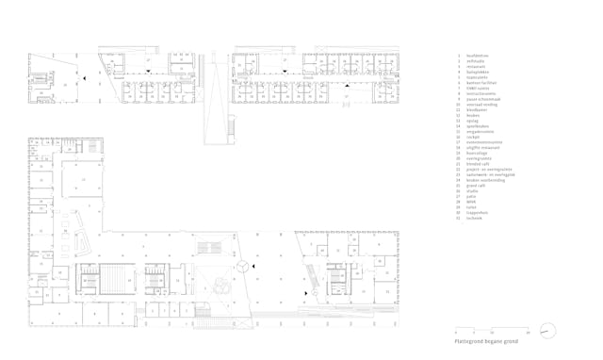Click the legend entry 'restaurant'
[477, 67]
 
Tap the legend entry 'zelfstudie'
[477, 61]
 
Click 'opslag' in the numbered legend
[474, 121]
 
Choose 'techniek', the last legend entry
[477, 215]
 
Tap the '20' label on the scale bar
[529, 333]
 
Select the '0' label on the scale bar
[455, 333]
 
